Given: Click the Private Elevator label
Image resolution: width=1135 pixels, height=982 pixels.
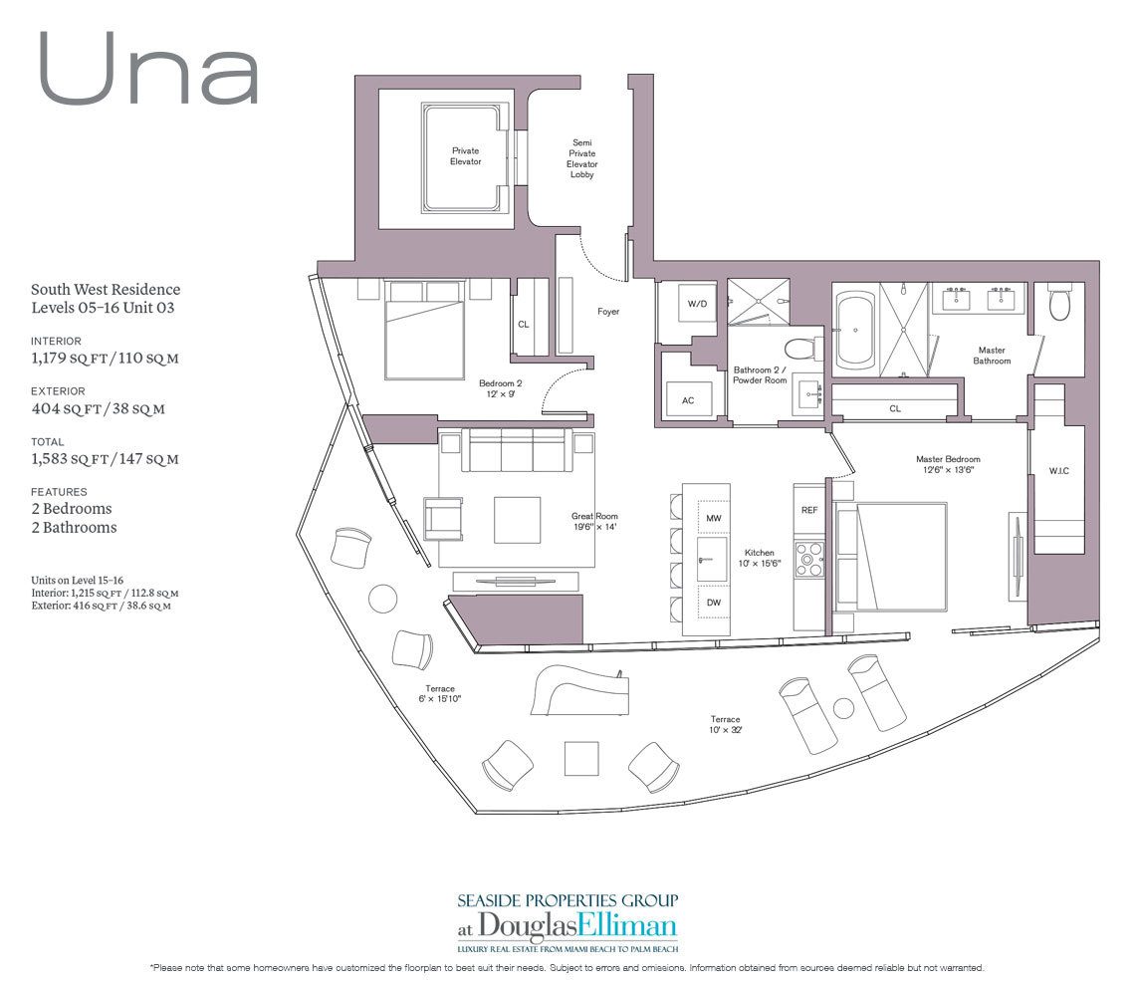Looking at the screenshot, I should [x=465, y=155].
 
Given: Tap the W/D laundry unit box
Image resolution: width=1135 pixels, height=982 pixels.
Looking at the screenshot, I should [x=696, y=304].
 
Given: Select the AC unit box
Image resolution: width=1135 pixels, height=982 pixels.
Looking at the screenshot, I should [x=688, y=400].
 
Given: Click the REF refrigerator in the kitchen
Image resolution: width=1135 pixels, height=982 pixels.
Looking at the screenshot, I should [x=808, y=509].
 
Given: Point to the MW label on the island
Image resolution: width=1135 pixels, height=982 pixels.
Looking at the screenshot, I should [x=713, y=519].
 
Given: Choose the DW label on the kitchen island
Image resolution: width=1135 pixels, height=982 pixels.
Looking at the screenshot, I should [x=713, y=602].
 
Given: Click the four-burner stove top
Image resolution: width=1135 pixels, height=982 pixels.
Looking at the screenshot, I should [x=808, y=560].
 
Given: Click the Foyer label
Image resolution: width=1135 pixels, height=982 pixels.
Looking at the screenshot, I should [x=608, y=312].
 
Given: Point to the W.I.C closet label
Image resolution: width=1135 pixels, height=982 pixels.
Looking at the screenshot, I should [x=1057, y=470].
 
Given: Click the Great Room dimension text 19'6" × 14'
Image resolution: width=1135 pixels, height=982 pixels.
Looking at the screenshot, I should [x=594, y=527].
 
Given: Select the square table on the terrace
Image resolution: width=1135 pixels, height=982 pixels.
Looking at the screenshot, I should [x=581, y=758].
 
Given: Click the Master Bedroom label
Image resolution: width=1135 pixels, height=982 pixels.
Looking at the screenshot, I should [x=948, y=459].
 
